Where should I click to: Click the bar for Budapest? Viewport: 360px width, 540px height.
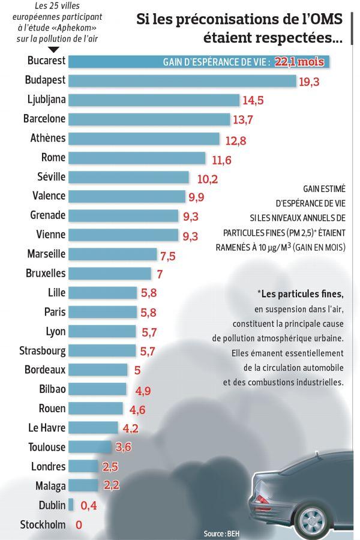[x=182, y=80]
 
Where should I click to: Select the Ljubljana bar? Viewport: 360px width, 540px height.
[x=154, y=100]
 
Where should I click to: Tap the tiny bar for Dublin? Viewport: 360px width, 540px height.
[x=71, y=505]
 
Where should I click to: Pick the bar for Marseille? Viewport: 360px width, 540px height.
[x=113, y=254]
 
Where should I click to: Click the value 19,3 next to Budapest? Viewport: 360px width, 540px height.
[x=309, y=82]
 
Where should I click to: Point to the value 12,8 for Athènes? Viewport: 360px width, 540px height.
[x=236, y=140]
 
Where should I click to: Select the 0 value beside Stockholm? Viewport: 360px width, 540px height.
[x=79, y=525]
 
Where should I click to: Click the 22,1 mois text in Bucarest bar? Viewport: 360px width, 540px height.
[x=299, y=62]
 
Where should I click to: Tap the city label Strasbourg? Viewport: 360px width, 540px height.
[x=43, y=350]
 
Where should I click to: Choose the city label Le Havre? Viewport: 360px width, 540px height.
[x=47, y=427]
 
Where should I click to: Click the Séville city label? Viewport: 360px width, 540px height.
[x=52, y=176]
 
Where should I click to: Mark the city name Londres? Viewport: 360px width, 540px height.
[x=48, y=466]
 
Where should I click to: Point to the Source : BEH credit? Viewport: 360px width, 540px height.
[x=221, y=534]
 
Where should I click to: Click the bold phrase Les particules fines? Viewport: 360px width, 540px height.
[x=301, y=294]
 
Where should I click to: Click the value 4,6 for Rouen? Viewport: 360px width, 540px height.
[x=137, y=410]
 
